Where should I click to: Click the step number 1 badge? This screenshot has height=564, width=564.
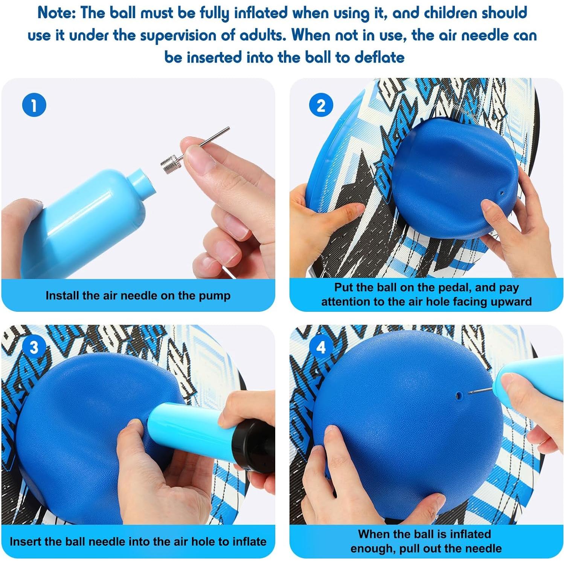[x=34, y=105]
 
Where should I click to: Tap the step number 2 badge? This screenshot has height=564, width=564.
[x=321, y=105]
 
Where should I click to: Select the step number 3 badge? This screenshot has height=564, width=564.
[x=34, y=347]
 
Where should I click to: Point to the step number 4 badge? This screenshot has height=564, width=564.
[x=321, y=347]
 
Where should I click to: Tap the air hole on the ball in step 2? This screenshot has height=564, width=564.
[x=502, y=193]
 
